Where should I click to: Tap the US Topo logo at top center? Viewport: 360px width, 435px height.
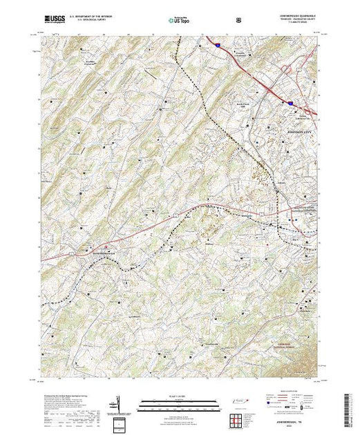[x=176, y=21]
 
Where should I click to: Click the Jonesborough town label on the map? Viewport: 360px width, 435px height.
[x=97, y=251]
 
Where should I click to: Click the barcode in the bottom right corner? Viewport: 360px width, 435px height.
[x=350, y=411]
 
